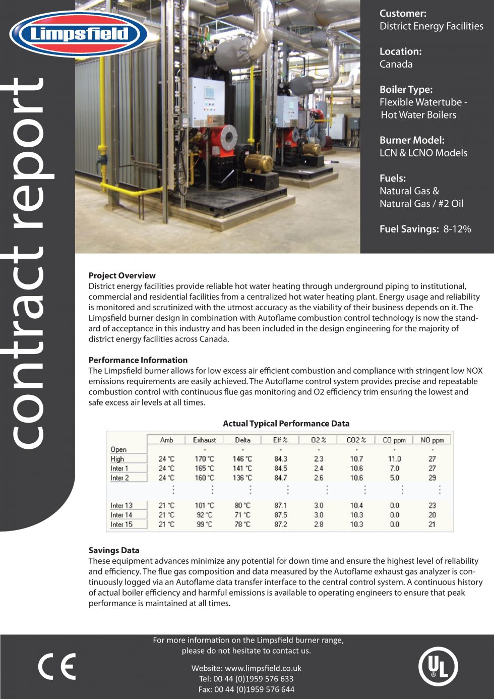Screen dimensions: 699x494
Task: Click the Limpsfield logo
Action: click(78, 34)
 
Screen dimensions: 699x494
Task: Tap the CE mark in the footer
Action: click(57, 667)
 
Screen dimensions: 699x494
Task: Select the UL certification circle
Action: click(438, 667)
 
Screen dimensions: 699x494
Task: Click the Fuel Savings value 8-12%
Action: click(457, 229)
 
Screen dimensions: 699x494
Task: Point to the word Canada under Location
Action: click(396, 64)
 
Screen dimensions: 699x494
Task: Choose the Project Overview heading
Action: click(122, 275)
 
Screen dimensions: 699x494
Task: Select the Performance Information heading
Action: click(138, 360)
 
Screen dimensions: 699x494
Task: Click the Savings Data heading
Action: click(114, 550)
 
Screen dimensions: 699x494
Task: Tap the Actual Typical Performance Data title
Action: click(286, 424)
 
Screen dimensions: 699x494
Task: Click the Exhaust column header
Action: click(204, 440)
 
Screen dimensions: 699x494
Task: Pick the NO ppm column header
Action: click(432, 440)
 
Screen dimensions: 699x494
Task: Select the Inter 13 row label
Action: click(121, 505)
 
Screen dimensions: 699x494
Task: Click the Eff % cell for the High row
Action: click(281, 459)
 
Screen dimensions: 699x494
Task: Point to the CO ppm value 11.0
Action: click(394, 459)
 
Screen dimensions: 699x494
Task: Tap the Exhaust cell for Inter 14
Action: click(204, 515)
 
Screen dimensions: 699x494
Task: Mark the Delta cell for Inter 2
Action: click(242, 478)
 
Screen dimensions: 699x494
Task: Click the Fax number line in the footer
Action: click(246, 689)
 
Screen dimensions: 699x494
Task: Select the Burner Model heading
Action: click(412, 140)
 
